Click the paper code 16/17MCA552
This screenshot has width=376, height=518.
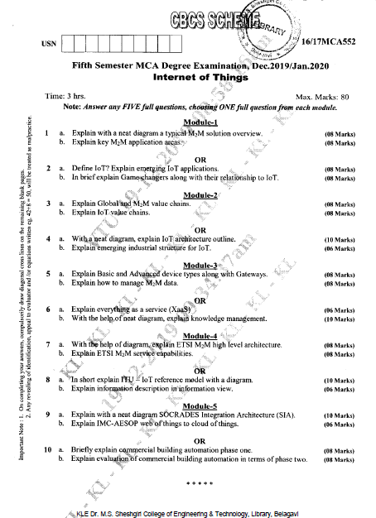tap(328, 52)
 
